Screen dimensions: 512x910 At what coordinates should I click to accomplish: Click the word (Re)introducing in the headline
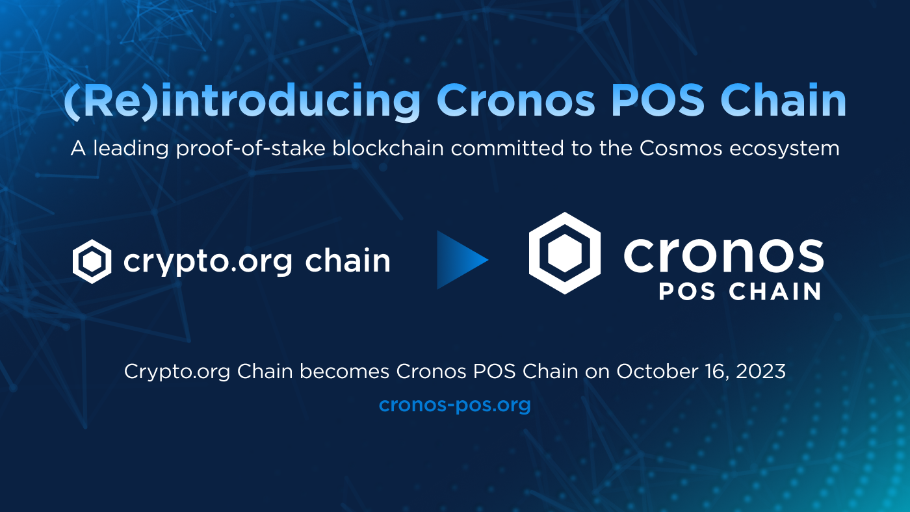point(242,101)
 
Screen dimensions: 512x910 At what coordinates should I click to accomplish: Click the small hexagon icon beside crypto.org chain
point(92,261)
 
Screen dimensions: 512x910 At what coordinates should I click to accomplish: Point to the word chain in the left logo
point(348,261)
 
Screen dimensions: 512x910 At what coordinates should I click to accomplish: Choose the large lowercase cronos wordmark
point(723,255)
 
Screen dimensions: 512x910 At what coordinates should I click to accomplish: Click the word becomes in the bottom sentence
point(343,372)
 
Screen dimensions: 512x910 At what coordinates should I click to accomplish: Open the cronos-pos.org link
point(455,405)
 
